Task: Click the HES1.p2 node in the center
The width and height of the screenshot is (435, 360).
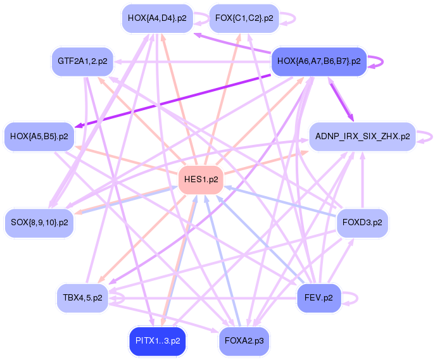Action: click(201, 180)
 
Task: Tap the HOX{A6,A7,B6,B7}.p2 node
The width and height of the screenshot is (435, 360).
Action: click(319, 61)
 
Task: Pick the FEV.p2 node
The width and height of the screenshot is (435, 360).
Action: click(319, 295)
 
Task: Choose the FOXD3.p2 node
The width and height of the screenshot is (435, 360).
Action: click(362, 223)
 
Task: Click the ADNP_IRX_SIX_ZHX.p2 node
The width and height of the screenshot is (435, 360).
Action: click(362, 136)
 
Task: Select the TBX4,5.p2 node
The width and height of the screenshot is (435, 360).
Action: click(82, 296)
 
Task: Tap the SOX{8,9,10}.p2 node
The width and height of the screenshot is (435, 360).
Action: click(39, 223)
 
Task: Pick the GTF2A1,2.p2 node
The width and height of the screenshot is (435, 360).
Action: click(82, 61)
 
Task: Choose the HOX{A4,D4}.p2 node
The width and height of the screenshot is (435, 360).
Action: click(157, 18)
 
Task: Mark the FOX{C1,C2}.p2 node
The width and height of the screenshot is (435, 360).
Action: click(244, 18)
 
